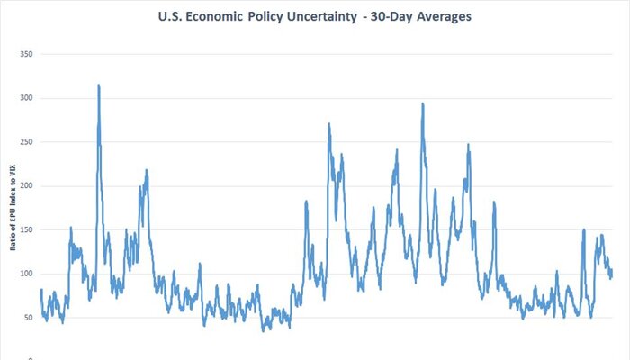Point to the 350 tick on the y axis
[26, 54]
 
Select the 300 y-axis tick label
[26, 98]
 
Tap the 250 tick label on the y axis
[26, 142]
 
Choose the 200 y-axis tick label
[26, 186]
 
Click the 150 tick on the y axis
[26, 229]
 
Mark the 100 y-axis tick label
[26, 274]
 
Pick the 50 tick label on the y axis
[28, 318]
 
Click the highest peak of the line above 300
[98, 85]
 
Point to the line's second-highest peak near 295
[422, 103]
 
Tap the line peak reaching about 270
[329, 124]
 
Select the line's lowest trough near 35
[264, 330]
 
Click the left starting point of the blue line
[40, 290]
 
